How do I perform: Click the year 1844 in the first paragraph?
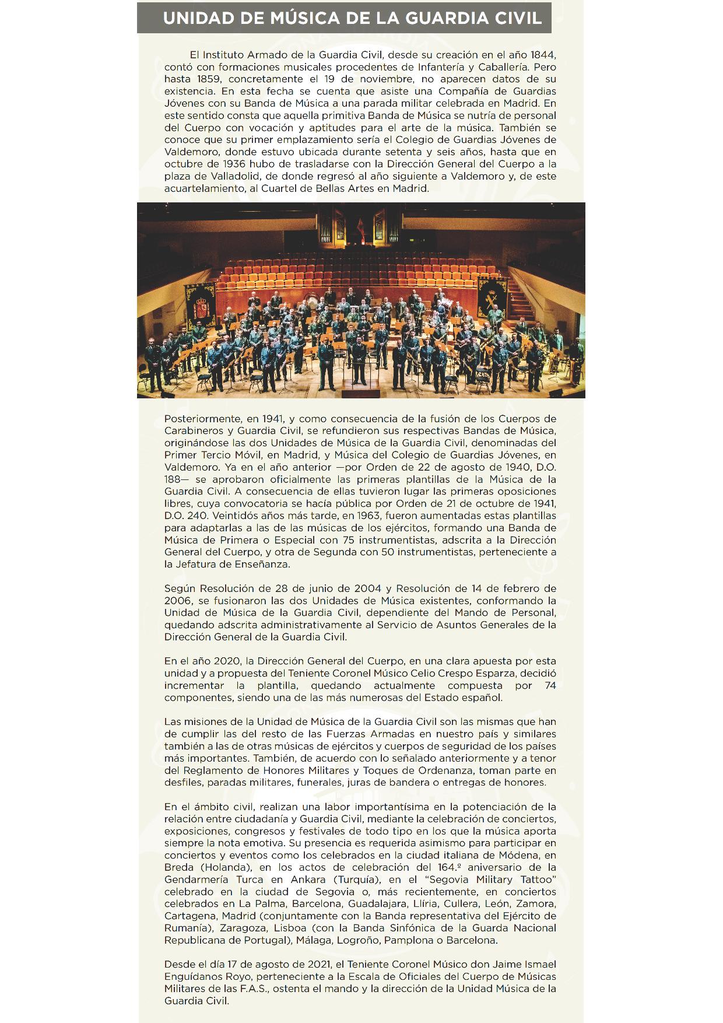click(x=543, y=55)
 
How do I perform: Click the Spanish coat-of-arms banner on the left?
click(x=199, y=304)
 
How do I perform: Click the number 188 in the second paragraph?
click(x=174, y=479)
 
